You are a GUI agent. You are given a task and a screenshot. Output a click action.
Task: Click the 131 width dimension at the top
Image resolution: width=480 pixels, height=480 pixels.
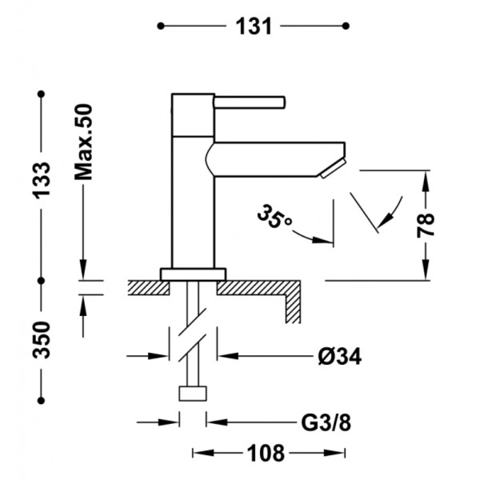click(x=254, y=26)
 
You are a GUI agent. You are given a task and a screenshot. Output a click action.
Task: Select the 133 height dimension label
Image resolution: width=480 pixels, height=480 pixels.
click(x=42, y=180)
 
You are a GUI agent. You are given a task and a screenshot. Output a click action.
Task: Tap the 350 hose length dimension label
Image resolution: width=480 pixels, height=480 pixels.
click(x=42, y=339)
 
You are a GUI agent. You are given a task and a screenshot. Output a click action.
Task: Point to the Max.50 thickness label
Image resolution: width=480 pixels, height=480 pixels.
click(x=83, y=142)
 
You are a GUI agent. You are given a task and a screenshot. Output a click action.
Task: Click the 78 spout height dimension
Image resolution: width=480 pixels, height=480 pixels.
click(x=426, y=226)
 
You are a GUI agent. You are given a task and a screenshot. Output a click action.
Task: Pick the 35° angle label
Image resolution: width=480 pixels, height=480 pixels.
click(x=274, y=217)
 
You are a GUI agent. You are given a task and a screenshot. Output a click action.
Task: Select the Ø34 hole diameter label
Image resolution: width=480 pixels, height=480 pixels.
click(x=339, y=356)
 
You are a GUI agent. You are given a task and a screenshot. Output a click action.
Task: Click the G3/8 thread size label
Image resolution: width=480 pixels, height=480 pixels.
click(x=326, y=423)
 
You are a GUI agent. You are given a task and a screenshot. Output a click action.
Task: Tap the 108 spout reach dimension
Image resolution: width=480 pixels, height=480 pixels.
click(x=266, y=453)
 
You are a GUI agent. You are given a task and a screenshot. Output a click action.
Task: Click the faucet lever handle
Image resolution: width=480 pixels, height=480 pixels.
click(x=250, y=102)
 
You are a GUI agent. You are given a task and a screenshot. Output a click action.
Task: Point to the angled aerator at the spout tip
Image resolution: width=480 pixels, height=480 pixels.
click(x=333, y=168)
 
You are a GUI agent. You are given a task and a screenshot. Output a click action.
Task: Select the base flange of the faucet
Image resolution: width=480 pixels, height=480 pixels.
click(x=193, y=274)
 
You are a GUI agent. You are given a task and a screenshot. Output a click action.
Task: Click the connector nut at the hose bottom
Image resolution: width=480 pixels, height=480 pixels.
click(x=193, y=394)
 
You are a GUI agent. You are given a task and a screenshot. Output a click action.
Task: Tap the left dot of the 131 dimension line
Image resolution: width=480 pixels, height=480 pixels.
click(x=161, y=26)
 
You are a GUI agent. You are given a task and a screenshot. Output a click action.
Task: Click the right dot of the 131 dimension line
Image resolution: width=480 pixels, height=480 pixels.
click(x=346, y=26)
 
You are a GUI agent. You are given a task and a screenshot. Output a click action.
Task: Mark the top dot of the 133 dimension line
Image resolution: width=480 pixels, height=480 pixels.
click(x=42, y=94)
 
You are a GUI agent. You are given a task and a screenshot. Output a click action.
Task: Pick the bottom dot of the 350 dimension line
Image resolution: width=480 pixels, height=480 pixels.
click(x=42, y=401)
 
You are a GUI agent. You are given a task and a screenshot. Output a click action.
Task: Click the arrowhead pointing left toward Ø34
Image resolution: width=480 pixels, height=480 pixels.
click(x=228, y=356)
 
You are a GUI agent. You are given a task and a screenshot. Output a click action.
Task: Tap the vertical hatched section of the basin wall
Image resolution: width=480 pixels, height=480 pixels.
click(x=293, y=309)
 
